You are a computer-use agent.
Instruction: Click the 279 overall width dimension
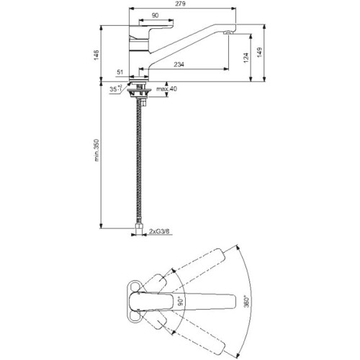tap(182, 4)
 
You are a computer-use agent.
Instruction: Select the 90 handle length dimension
tap(156, 15)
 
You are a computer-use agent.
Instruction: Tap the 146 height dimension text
tap(96, 55)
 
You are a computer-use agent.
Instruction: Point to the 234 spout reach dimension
tap(179, 64)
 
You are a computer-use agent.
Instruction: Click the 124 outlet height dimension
tap(246, 58)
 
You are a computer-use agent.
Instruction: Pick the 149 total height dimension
tap(260, 53)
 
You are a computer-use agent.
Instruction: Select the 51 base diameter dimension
tap(120, 72)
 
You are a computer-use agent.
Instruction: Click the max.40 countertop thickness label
tap(167, 89)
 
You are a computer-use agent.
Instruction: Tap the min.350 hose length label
tap(96, 150)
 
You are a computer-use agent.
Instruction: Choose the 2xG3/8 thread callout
tap(159, 231)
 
